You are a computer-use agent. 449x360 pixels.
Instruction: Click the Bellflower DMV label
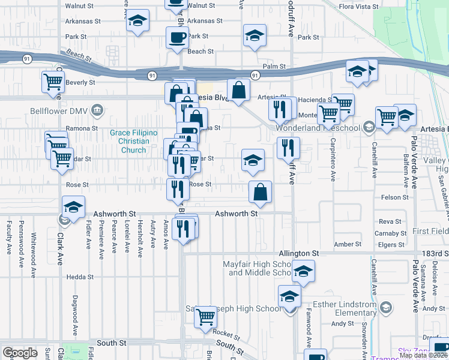coord(59,111)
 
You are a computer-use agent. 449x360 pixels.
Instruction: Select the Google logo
coord(20,353)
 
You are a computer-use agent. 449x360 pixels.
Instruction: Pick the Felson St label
coord(394,197)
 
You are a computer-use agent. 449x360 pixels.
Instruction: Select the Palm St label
coord(273,67)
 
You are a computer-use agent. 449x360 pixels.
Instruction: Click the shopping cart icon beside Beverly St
coord(53,82)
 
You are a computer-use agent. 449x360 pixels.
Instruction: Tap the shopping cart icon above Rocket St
coord(206,316)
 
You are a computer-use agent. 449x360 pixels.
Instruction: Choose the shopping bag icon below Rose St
coord(261,192)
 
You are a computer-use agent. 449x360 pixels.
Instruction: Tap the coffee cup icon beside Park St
coord(177,38)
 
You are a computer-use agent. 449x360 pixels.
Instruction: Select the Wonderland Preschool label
coord(318,128)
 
